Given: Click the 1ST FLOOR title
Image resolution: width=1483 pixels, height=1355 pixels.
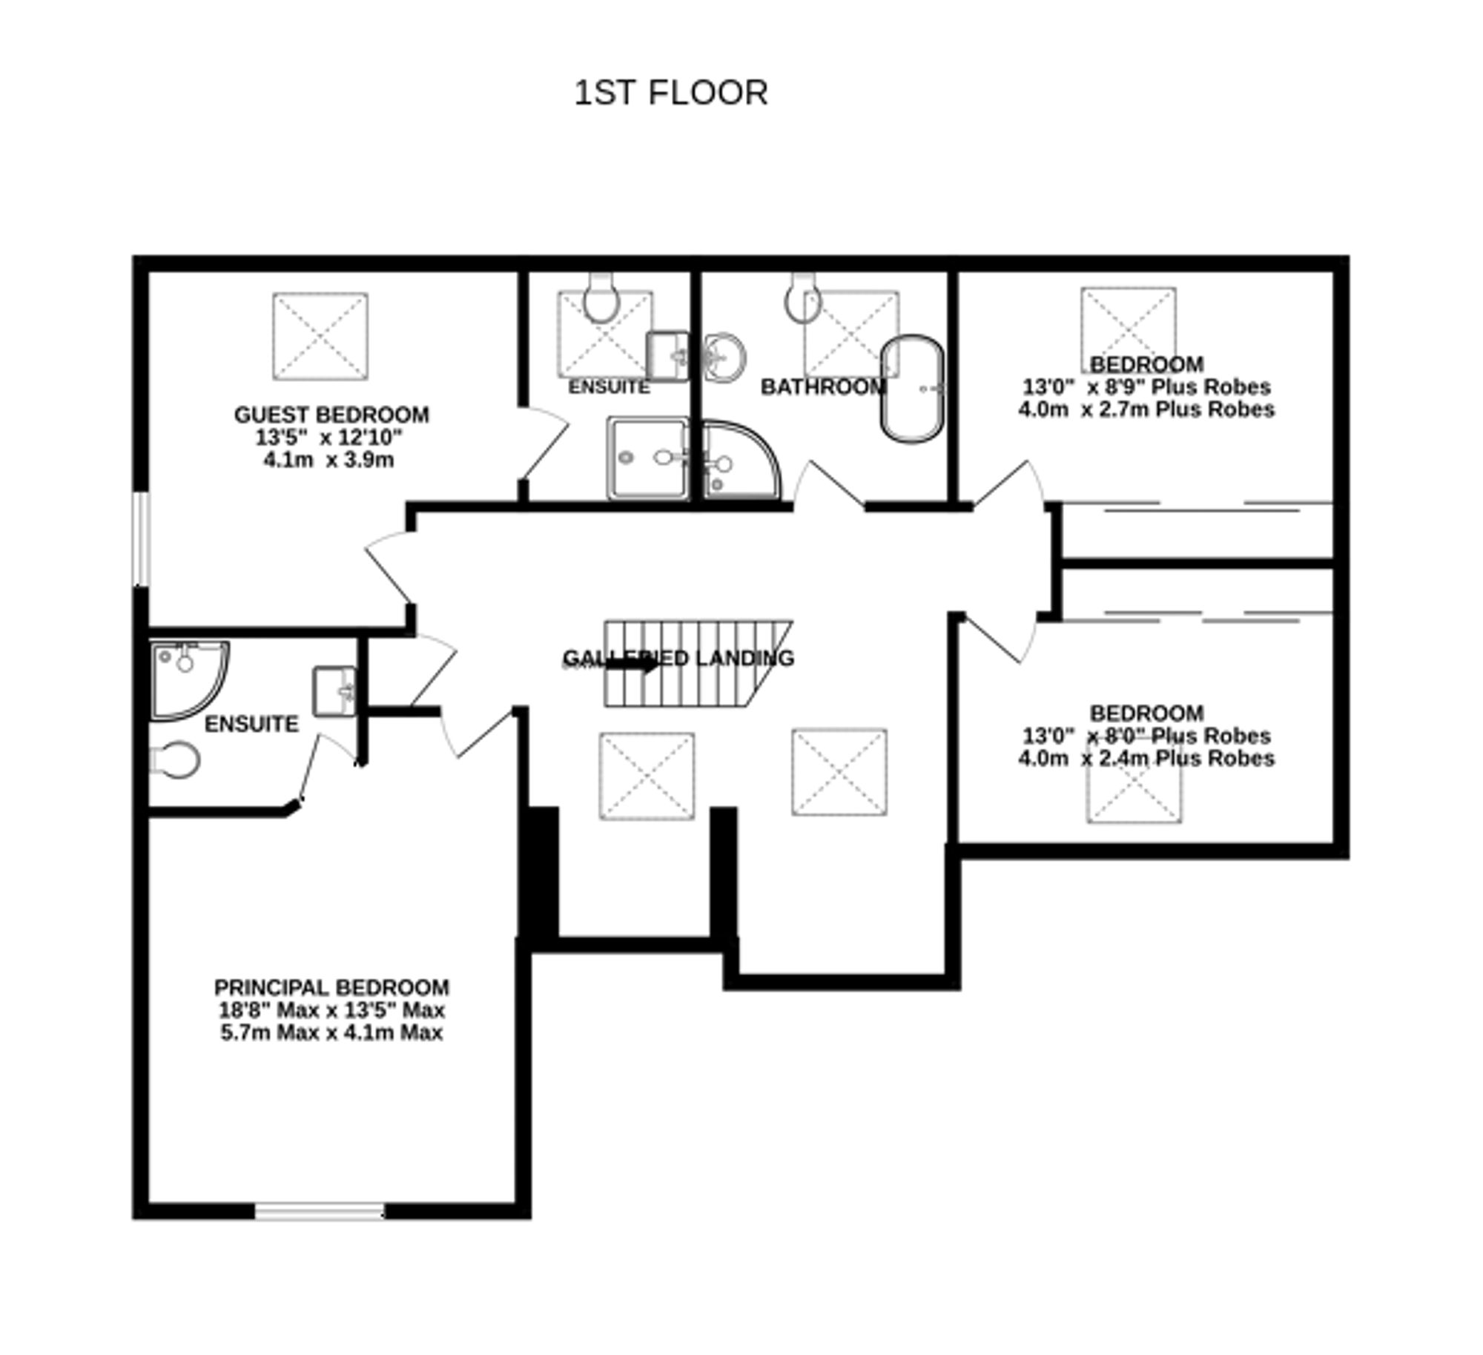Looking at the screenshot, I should tap(671, 93).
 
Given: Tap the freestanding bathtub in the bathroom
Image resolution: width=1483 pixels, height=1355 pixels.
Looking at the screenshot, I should tap(912, 389).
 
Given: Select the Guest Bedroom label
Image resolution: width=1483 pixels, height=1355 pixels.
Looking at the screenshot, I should tap(331, 415).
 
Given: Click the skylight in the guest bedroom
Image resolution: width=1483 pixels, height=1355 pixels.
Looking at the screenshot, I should tap(320, 336).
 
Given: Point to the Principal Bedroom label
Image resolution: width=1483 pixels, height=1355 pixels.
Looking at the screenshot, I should tap(331, 988).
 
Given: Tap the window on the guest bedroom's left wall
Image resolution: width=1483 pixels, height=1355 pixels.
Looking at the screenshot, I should tap(141, 538).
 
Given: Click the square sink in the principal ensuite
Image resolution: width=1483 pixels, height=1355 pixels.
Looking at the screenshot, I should tap(334, 691).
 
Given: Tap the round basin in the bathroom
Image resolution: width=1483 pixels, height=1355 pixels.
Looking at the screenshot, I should tap(724, 357).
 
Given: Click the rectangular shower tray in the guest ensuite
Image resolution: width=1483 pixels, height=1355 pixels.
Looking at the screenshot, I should tap(647, 458).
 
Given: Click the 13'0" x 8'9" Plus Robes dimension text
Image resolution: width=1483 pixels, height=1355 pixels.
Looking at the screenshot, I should tap(1146, 387).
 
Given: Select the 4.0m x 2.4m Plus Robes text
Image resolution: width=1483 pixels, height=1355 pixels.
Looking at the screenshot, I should tap(1146, 758).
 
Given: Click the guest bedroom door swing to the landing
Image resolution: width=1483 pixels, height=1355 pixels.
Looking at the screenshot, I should tap(389, 567).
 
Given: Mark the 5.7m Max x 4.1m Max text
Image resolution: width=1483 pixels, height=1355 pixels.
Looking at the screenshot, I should tap(331, 1032).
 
